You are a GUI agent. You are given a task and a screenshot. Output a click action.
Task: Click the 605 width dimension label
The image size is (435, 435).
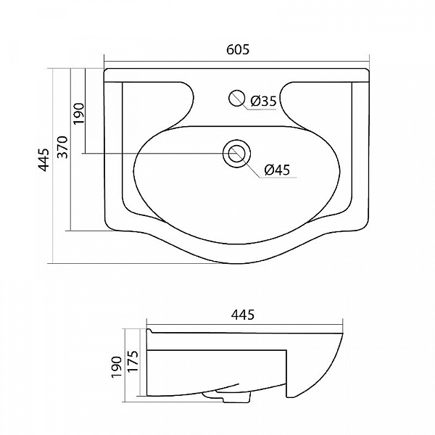point(238,49)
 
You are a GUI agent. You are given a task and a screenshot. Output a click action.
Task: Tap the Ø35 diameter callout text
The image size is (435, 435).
point(264,101)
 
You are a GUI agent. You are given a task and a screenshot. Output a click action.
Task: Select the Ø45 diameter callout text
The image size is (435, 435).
point(277,170)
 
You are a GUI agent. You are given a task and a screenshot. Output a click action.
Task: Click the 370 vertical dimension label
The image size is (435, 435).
point(62,147)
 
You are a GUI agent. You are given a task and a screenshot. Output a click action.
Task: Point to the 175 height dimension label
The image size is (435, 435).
point(133,362)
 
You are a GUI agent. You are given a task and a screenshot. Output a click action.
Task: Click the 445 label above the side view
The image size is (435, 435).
point(243,315)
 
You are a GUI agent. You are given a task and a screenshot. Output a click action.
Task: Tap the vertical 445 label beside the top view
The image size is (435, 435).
point(43,159)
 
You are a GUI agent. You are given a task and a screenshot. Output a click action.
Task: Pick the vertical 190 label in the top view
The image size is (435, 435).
point(78,114)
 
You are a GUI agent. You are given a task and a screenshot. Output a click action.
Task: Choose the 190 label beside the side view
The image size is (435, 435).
point(117,367)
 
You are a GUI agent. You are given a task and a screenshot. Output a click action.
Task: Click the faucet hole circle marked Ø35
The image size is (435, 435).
point(236,98)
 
